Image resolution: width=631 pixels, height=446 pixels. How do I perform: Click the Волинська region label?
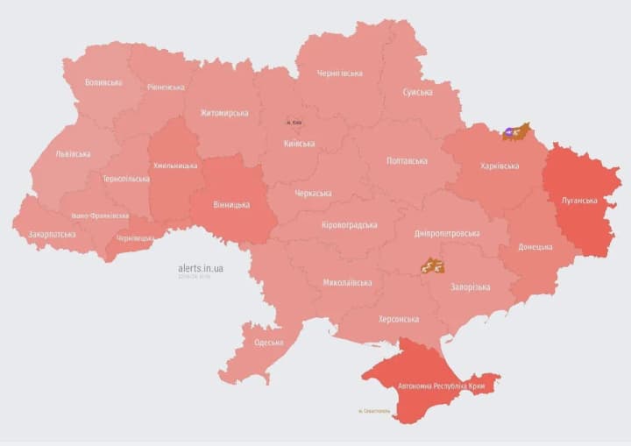coord(103,83)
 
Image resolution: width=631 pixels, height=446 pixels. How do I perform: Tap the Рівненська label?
coord(166,88)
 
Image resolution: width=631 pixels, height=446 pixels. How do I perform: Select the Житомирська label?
coord(223,113)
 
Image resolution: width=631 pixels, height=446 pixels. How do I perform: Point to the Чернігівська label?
coord(340,74)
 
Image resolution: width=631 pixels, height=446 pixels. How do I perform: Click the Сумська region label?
coord(417,92)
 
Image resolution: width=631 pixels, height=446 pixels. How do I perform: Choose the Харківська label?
coord(500,166)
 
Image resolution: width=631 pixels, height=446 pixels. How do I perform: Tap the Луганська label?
coord(579,201)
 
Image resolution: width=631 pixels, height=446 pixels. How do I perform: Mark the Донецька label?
coord(535,247)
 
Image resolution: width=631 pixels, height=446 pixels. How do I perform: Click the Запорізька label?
coord(470,287)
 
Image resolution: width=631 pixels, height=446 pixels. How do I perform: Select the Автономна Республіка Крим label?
coord(440,385)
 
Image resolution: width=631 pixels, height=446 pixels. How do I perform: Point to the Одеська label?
coord(268,343)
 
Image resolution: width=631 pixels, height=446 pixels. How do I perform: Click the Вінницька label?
coord(231,205)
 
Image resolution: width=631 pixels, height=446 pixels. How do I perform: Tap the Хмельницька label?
coord(175,165)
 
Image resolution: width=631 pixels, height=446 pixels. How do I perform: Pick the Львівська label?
coord(73,154)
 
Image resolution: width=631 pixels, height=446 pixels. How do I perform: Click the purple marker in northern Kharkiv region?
coord(510,132)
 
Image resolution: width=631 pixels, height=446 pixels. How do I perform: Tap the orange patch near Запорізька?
coord(431,265)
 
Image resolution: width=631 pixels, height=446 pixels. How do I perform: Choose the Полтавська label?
coord(407,161)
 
